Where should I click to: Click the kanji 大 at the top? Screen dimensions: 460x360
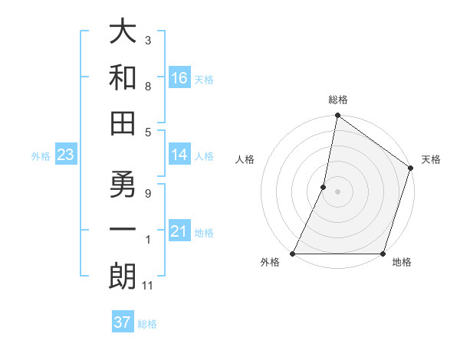[123, 33]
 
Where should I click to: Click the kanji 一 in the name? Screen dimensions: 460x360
[123, 231]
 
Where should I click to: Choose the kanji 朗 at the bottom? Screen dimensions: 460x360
[123, 277]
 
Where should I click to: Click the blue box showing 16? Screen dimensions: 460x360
[179, 78]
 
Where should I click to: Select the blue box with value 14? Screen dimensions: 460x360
[179, 155]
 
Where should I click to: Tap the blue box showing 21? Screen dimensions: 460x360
[179, 231]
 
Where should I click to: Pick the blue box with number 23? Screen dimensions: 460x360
[66, 155]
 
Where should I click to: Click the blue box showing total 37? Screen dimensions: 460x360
[123, 322]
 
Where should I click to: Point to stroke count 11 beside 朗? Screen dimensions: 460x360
[149, 286]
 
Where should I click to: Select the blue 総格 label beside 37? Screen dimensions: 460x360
[147, 324]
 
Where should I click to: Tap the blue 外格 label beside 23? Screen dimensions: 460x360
[41, 156]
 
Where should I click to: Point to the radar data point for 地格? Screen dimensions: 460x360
[383, 254]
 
